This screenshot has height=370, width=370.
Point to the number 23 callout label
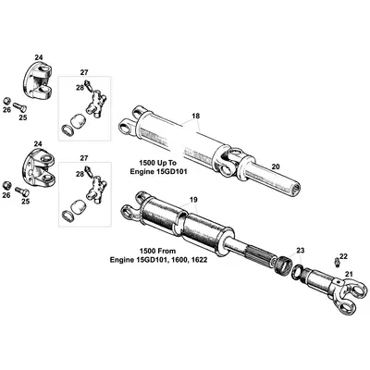point(299,251)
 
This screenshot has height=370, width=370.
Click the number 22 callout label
point(342,256)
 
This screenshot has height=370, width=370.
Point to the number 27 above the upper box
point(84,71)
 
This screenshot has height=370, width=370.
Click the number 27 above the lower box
point(84,158)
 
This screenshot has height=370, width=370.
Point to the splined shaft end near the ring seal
point(268,254)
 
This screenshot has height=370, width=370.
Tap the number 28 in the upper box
point(80,88)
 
